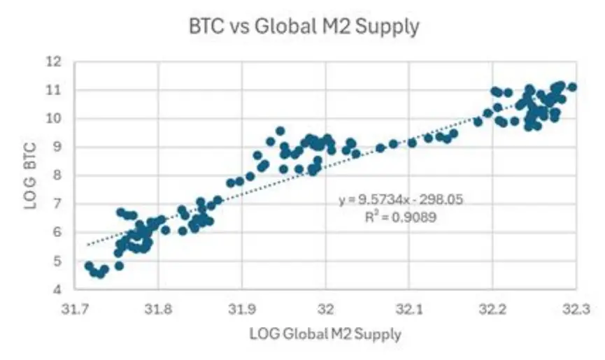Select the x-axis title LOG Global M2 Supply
click(x=325, y=335)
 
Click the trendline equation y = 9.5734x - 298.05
click(x=401, y=200)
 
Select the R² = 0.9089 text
click(x=401, y=217)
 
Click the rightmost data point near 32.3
click(x=572, y=87)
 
